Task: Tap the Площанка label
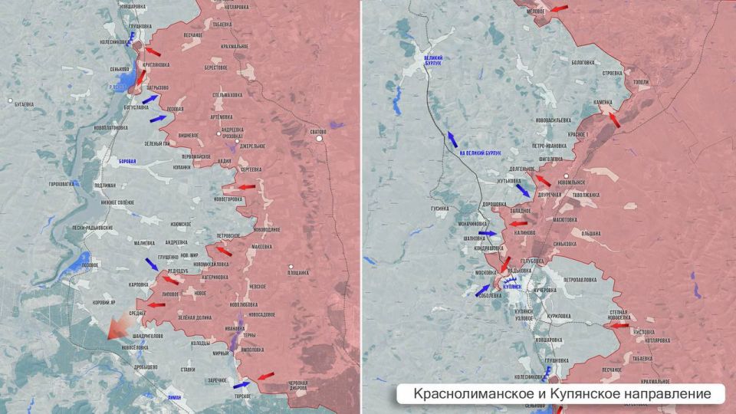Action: coord(297,272)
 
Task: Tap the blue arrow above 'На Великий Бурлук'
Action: coord(452,139)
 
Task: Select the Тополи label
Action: coord(641,82)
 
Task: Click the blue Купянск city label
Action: coord(511,286)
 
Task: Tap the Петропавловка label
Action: coord(580,281)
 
